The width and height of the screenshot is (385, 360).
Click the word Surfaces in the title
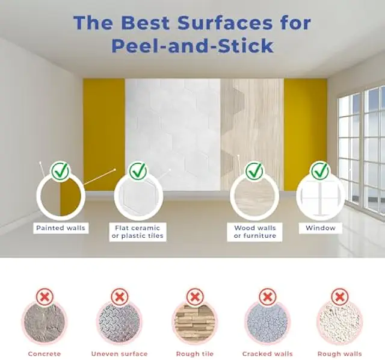pyautogui.click(x=224, y=23)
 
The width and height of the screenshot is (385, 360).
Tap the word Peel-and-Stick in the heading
pyautogui.click(x=192, y=46)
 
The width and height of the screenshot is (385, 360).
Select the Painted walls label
pyautogui.click(x=61, y=228)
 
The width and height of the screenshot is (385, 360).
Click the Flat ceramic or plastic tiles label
pyautogui.click(x=138, y=232)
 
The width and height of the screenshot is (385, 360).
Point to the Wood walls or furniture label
pyautogui.click(x=255, y=232)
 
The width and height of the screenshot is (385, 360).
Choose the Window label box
pyautogui.click(x=321, y=228)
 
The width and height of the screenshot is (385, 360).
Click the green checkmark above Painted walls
pyautogui.click(x=60, y=171)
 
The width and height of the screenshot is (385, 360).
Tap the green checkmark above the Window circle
pyautogui.click(x=321, y=171)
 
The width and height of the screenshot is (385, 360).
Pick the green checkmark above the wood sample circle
pyautogui.click(x=254, y=171)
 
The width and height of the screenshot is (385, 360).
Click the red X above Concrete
pyautogui.click(x=45, y=297)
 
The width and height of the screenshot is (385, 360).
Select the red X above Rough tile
pyautogui.click(x=195, y=297)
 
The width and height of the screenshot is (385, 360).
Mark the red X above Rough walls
pyautogui.click(x=339, y=297)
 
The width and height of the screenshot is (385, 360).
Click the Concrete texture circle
pyautogui.click(x=45, y=323)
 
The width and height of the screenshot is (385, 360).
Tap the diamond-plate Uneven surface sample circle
pyautogui.click(x=119, y=323)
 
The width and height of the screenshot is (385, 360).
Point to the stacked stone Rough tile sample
pyautogui.click(x=195, y=323)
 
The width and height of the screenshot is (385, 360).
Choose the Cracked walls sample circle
pyautogui.click(x=267, y=323)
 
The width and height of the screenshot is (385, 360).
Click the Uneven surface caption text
pyautogui.click(x=119, y=354)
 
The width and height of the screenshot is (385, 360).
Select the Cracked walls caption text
pyautogui.click(x=267, y=354)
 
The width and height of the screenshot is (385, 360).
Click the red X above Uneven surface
pyautogui.click(x=120, y=297)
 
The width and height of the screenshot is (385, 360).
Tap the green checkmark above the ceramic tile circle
pyautogui.click(x=138, y=171)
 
